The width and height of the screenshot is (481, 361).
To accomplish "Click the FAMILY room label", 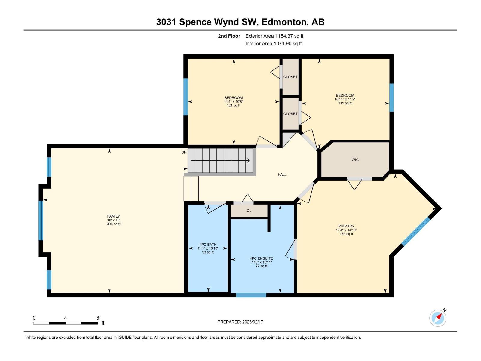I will click(113, 216).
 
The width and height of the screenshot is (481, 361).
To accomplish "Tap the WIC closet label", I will click(355, 160).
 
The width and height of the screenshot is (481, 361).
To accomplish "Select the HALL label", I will click(282, 174).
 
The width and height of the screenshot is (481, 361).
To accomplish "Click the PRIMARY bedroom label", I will click(346, 226).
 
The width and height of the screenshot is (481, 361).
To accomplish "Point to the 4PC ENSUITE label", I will click(261, 258).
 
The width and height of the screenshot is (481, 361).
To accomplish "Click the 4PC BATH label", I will click(208, 245).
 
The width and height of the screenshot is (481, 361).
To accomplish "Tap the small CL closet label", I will click(249, 211).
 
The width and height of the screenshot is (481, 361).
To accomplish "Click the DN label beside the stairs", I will click(184, 153).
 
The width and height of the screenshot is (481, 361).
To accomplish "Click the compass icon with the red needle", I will click(438, 318).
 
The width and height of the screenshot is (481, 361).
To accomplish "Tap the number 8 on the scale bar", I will click(98, 318).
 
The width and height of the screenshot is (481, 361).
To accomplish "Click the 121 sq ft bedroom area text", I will click(234, 106).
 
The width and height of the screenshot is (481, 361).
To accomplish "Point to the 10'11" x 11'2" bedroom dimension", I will click(345, 99).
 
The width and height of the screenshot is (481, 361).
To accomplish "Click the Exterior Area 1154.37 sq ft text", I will click(274, 36).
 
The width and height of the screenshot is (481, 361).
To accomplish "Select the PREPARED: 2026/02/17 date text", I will click(240, 322).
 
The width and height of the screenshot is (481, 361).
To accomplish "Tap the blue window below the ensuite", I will click(251, 295).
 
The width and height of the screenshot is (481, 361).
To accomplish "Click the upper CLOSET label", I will click(290, 77).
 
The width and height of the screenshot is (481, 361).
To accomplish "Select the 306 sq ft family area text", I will click(113, 224).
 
